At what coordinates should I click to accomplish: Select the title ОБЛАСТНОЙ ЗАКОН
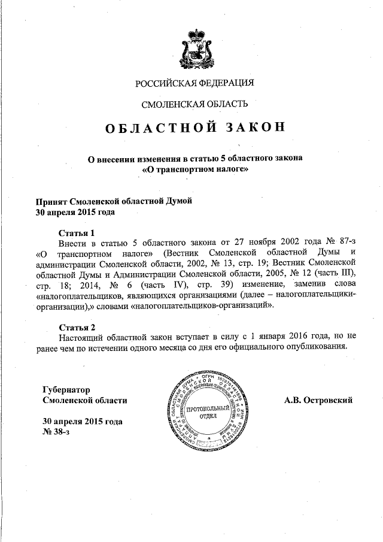point(192,128)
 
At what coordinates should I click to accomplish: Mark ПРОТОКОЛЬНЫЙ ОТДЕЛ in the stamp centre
point(208,412)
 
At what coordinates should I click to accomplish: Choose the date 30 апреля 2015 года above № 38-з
point(83,421)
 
